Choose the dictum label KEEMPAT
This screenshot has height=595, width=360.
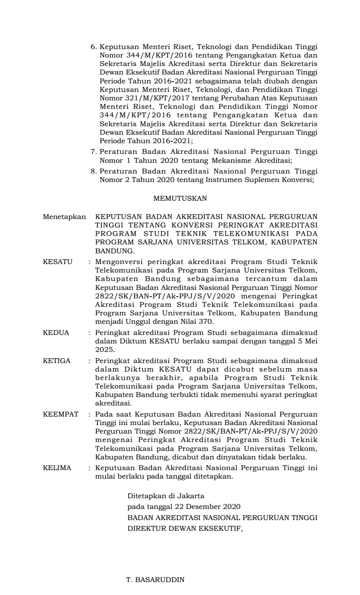point(61,414)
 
